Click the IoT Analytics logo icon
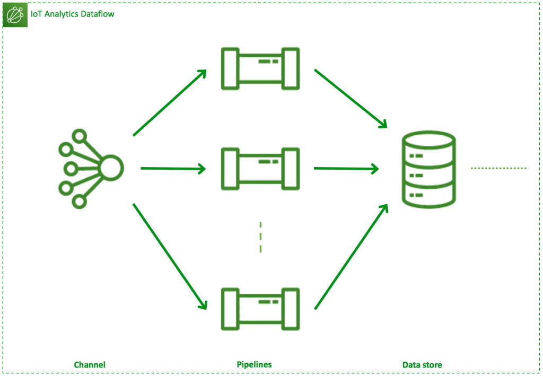[15, 14]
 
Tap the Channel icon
[90, 168]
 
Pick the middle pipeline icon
[260, 168]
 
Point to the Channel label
[90, 365]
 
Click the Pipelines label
[254, 365]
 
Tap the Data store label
[422, 365]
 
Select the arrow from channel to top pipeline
[170, 102]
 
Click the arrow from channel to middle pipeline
[173, 169]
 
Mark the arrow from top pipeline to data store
[351, 99]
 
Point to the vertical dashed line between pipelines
[260, 237]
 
